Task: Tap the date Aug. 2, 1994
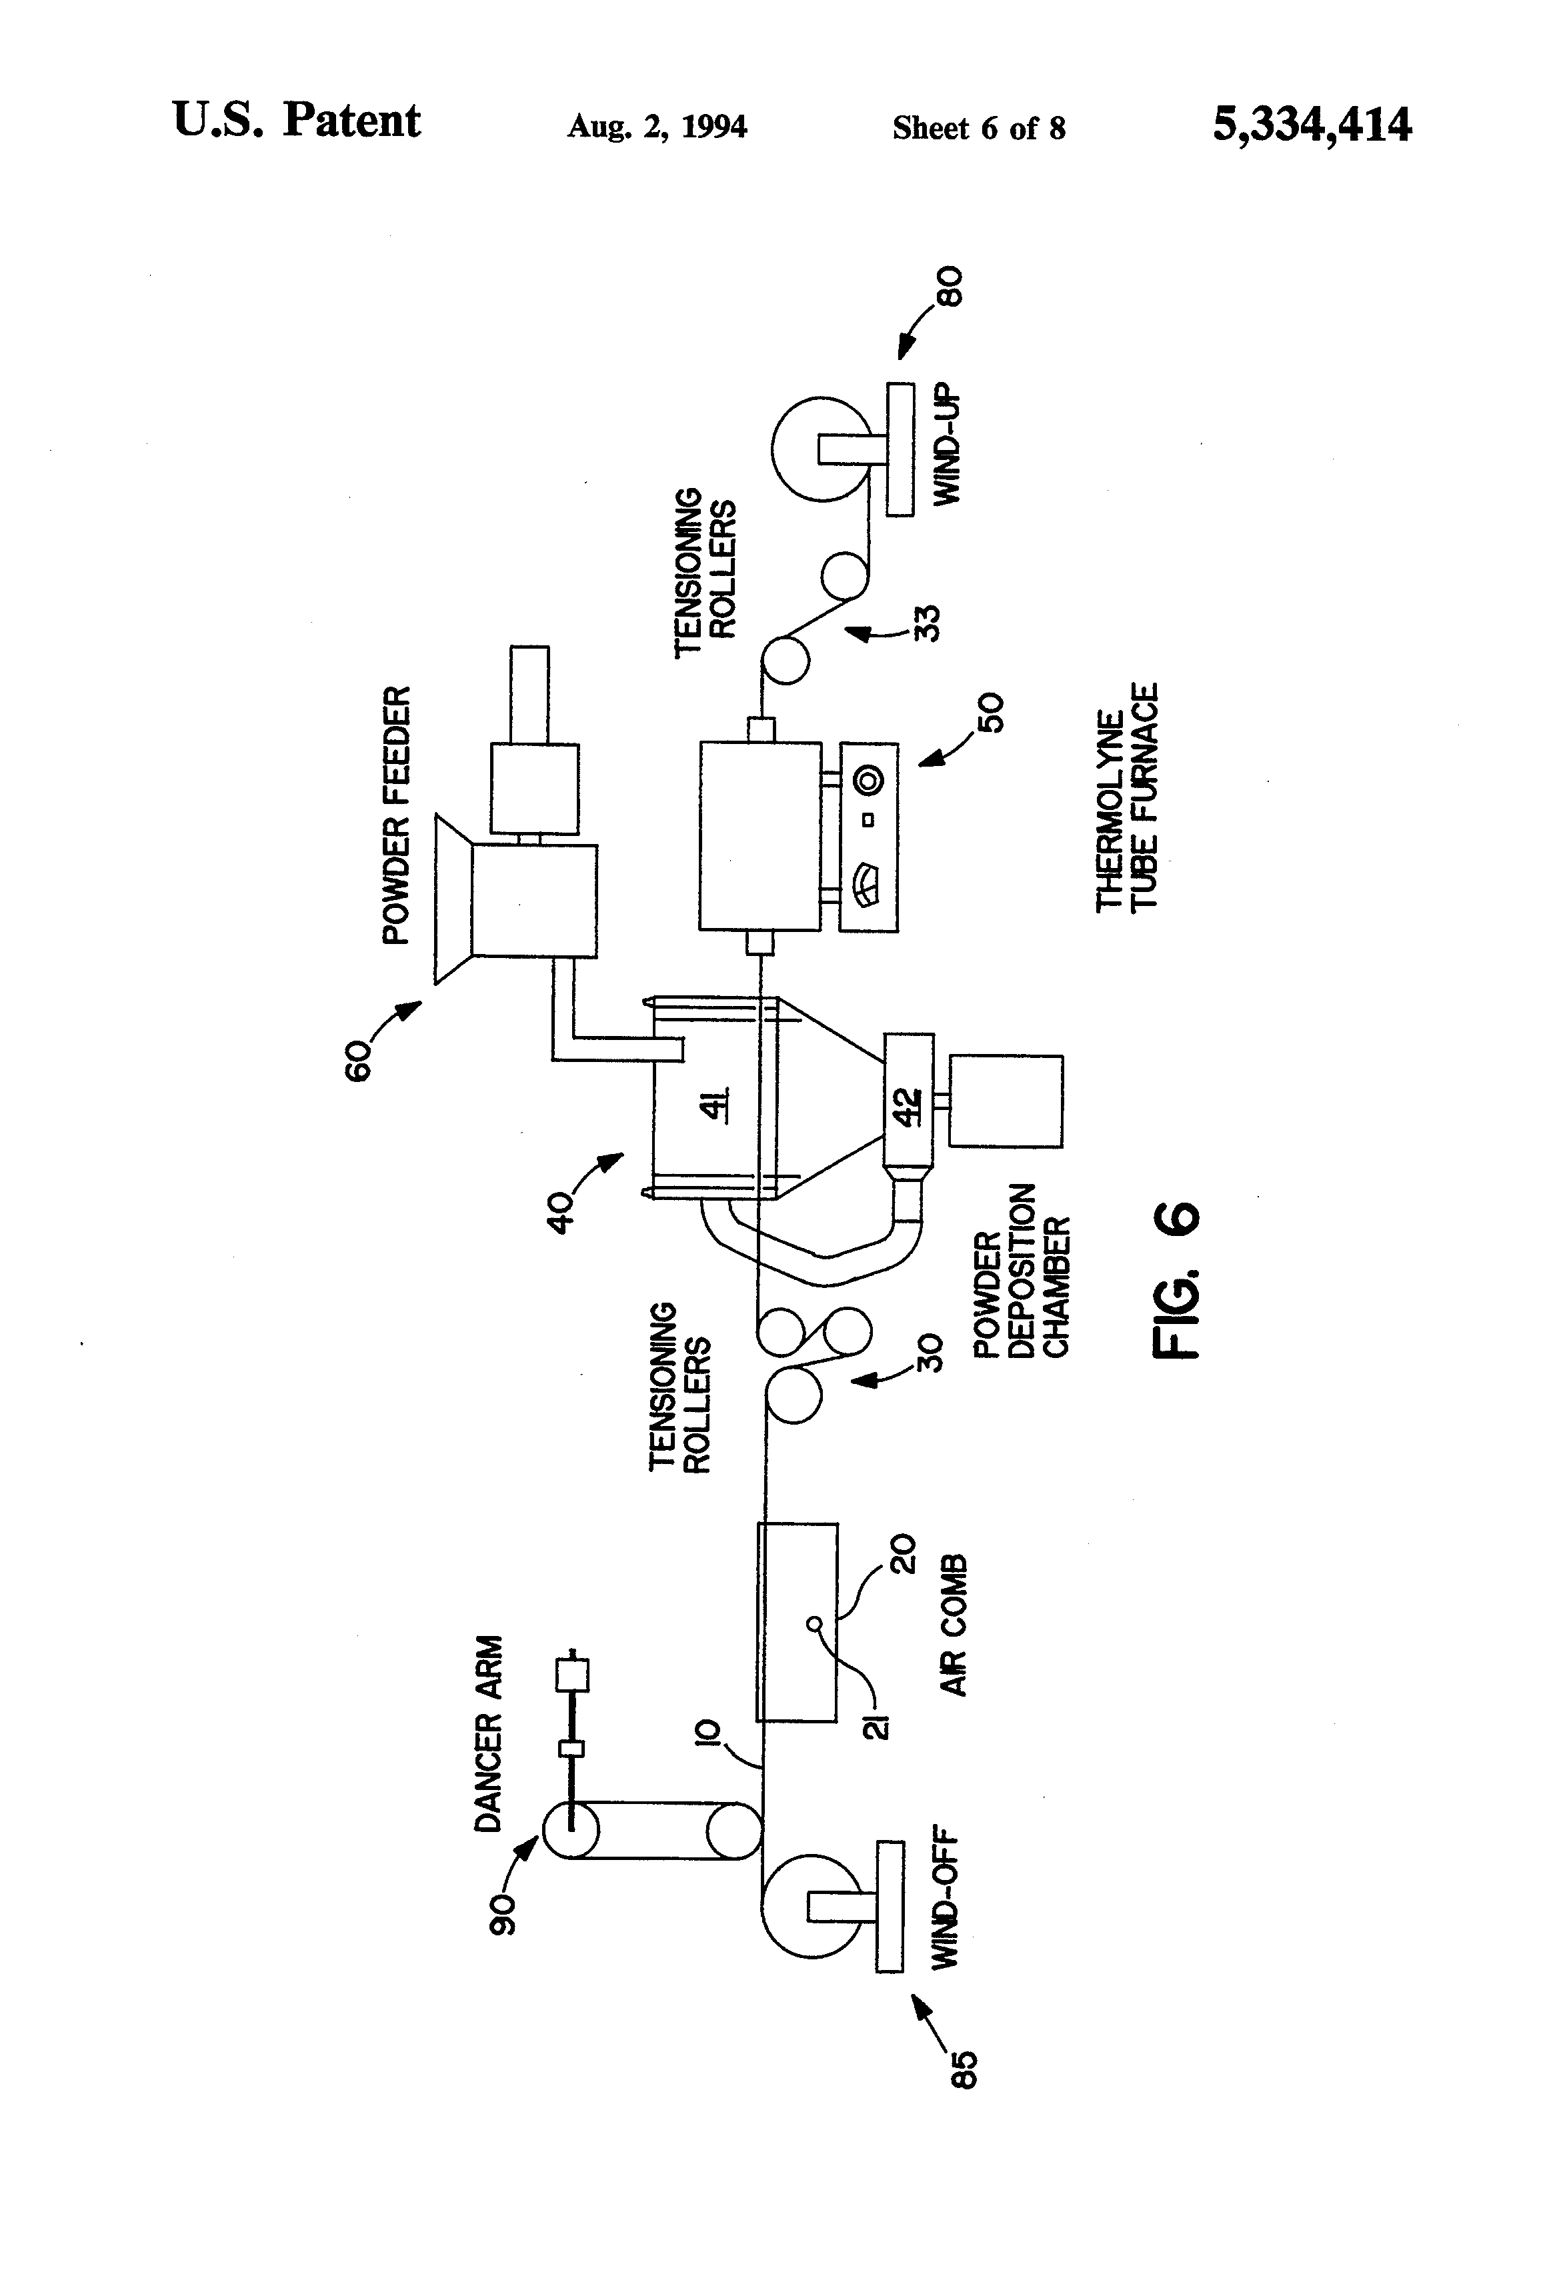point(657,127)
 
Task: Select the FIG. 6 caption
point(1176,1280)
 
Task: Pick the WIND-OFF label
point(945,1901)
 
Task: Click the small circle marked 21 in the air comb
point(814,1626)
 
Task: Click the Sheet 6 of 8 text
point(978,128)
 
